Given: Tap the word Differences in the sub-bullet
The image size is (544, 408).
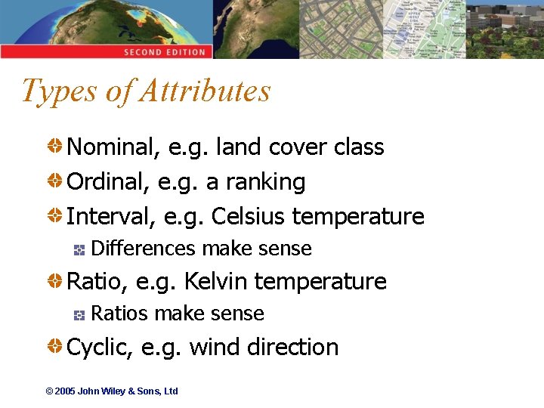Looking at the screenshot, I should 144,249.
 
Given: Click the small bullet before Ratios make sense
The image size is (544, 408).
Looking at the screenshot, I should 79,314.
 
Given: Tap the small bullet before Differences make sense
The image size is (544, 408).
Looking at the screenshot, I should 79,249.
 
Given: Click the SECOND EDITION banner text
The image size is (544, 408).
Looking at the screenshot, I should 165,52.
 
